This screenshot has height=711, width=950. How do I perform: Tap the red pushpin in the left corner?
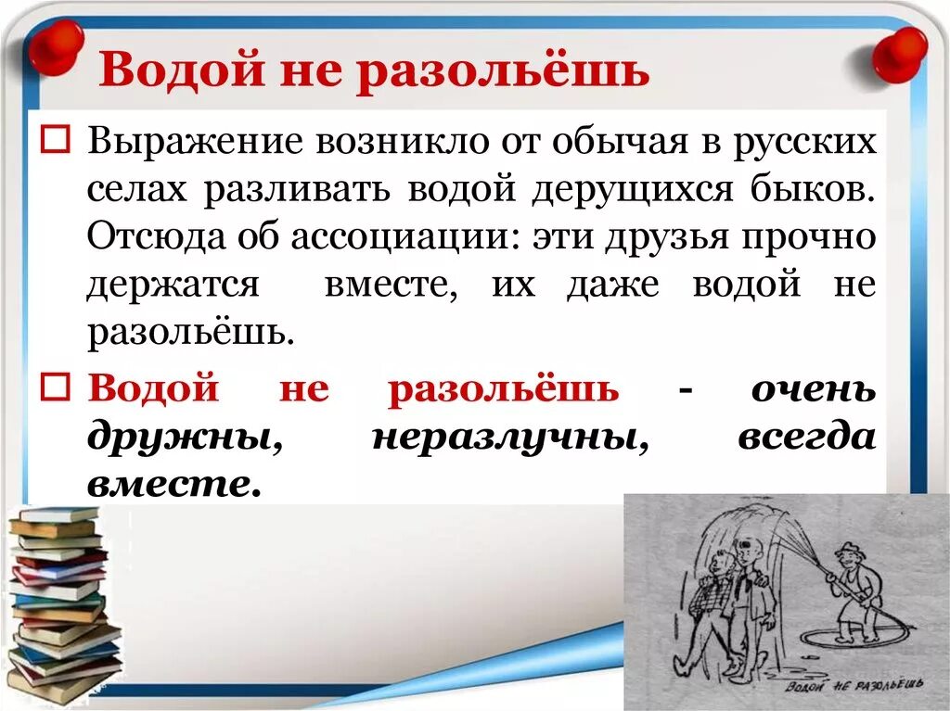(x=55, y=47)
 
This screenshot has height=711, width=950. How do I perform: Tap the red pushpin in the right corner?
(x=899, y=54)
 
